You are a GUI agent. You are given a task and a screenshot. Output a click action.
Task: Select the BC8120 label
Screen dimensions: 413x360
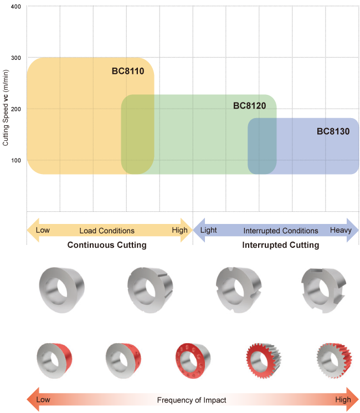click(x=250, y=105)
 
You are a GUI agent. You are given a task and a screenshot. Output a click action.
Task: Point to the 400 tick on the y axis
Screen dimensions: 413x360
click(x=16, y=7)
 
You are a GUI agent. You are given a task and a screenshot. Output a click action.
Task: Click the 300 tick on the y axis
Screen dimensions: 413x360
click(x=16, y=58)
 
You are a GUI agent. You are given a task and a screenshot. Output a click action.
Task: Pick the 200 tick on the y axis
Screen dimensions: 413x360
click(x=16, y=109)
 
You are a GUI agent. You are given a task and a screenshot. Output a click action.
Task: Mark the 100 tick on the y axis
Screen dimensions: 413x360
click(x=16, y=161)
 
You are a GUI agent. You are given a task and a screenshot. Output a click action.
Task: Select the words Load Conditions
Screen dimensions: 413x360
click(x=107, y=231)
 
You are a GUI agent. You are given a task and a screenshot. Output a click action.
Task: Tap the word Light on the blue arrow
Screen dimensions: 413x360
click(x=209, y=230)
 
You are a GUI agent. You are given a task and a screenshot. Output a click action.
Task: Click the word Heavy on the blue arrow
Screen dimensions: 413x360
click(x=340, y=230)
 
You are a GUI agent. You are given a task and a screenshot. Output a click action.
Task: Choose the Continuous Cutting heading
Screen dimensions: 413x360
click(x=107, y=244)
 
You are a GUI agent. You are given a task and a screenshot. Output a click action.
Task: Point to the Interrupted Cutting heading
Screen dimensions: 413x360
click(x=281, y=244)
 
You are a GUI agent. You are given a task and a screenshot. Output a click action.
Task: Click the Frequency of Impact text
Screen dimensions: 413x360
click(x=192, y=400)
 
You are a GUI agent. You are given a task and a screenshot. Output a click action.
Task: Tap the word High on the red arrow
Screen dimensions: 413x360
click(x=343, y=399)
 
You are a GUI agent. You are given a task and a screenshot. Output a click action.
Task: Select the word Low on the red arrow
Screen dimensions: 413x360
click(x=43, y=399)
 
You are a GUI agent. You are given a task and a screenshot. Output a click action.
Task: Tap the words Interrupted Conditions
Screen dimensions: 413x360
click(x=281, y=231)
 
